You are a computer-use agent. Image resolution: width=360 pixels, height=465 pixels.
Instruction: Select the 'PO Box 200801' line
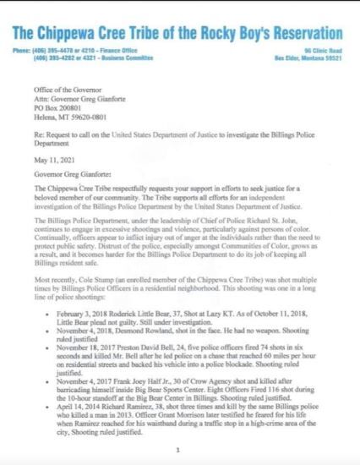point(68,98)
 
